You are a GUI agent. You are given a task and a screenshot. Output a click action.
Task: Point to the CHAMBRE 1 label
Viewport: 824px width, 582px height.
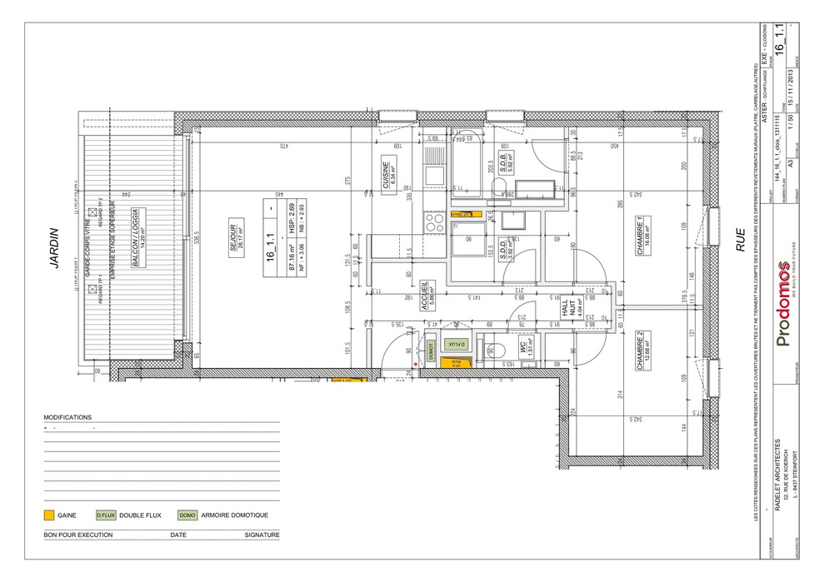[x=639, y=236]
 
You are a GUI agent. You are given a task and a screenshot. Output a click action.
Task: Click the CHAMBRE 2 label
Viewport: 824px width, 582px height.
[x=639, y=350]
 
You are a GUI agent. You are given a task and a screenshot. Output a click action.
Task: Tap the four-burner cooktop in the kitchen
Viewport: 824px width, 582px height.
[x=434, y=221]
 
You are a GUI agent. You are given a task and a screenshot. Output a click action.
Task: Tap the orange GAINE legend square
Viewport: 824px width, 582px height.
[x=49, y=515]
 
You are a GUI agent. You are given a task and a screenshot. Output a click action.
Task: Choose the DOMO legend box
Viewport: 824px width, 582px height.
[x=187, y=515]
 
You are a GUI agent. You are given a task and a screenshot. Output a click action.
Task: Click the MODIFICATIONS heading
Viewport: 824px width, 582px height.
[x=67, y=417]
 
